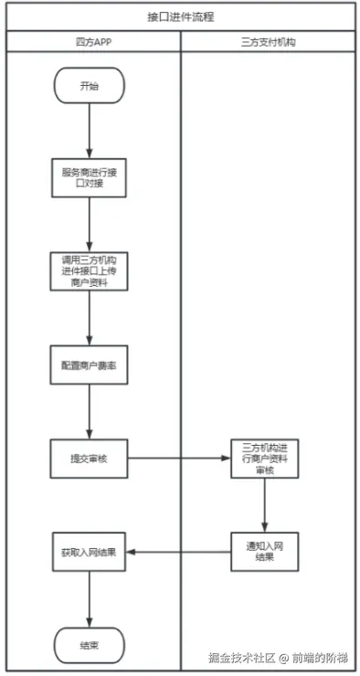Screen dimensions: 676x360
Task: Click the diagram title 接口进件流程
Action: click(x=180, y=16)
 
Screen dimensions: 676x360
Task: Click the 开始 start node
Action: click(x=89, y=88)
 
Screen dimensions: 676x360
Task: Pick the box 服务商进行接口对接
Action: click(x=89, y=176)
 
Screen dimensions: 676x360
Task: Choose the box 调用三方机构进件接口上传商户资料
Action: click(x=89, y=271)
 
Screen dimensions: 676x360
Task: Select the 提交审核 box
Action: click(x=89, y=459)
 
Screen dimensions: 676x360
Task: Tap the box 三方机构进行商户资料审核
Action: click(x=265, y=459)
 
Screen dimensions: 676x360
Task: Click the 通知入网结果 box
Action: click(x=265, y=552)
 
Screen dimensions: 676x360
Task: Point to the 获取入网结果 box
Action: click(x=89, y=552)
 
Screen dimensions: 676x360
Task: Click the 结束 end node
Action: click(x=89, y=645)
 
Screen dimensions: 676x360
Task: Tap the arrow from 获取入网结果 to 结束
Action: click(x=89, y=598)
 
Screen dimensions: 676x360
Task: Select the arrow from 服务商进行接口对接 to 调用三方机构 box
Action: click(x=89, y=224)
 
